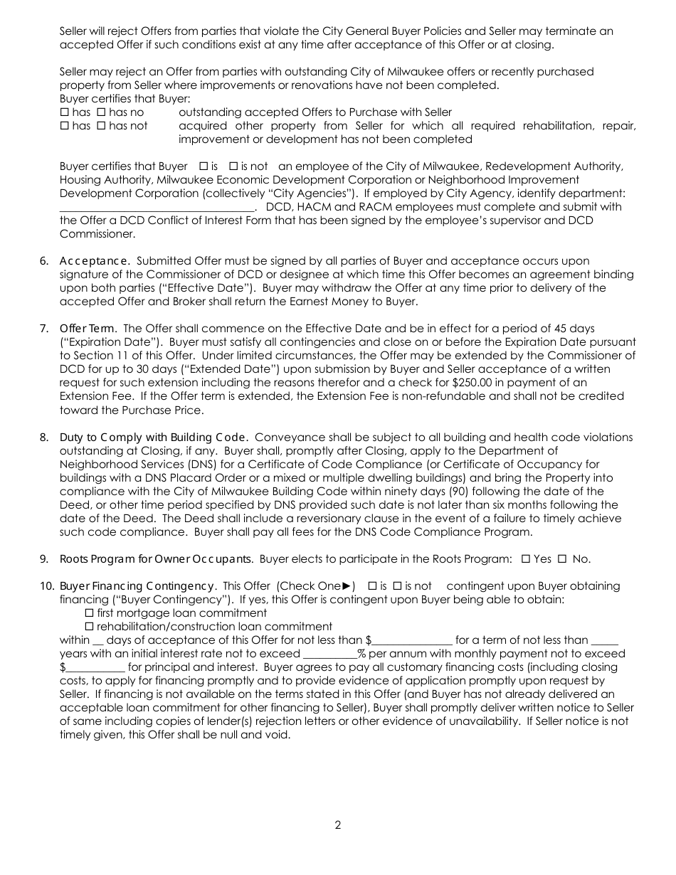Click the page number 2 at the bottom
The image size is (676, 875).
(338, 825)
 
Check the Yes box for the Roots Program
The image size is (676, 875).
(526, 559)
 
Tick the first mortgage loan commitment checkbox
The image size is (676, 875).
(89, 612)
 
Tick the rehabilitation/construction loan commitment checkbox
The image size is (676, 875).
(89, 627)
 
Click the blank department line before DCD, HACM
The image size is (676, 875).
(157, 207)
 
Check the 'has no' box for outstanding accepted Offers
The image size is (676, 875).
(100, 112)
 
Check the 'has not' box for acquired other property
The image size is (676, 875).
(100, 126)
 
